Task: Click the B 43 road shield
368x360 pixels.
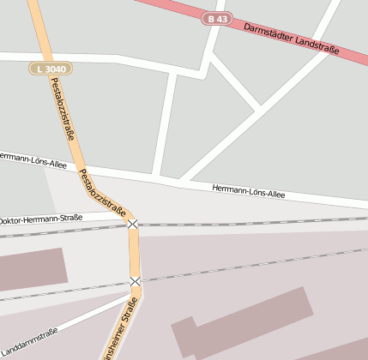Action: [x=218, y=18]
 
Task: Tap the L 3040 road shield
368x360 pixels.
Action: [x=51, y=68]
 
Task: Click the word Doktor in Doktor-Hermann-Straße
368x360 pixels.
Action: [x=12, y=220]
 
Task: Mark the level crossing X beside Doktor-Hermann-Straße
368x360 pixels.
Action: [x=132, y=225]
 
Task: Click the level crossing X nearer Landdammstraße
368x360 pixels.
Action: [x=136, y=281]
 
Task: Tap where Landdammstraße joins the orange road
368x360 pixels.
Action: [x=136, y=298]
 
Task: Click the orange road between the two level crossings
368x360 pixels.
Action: [x=135, y=253]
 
